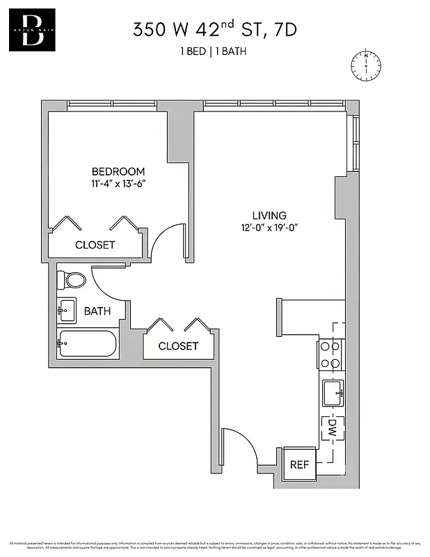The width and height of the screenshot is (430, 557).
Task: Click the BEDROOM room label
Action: click(x=118, y=171)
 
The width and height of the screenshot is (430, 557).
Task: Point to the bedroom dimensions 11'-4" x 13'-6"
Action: click(x=118, y=184)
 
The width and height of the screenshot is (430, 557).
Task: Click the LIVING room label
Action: click(x=269, y=215)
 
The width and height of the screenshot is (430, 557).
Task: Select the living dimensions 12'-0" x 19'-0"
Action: click(x=269, y=228)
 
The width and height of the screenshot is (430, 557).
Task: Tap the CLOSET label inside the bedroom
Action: click(x=95, y=245)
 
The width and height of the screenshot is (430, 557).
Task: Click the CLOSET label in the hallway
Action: click(x=178, y=346)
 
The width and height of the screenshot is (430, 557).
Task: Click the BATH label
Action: click(x=97, y=311)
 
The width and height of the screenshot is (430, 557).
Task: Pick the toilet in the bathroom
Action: click(x=71, y=279)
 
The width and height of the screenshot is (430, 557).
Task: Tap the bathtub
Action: click(x=87, y=343)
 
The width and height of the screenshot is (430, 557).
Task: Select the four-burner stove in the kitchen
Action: click(x=331, y=354)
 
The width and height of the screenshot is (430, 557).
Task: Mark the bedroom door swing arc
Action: click(x=168, y=240)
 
